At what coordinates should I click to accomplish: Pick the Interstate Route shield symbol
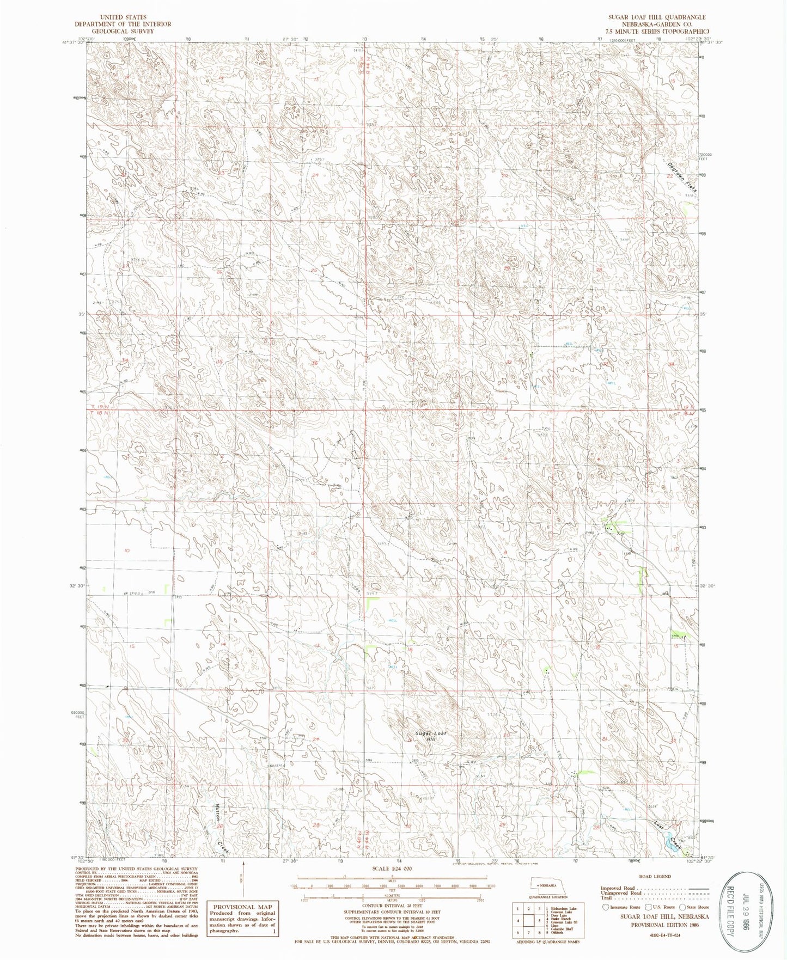point(604,907)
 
